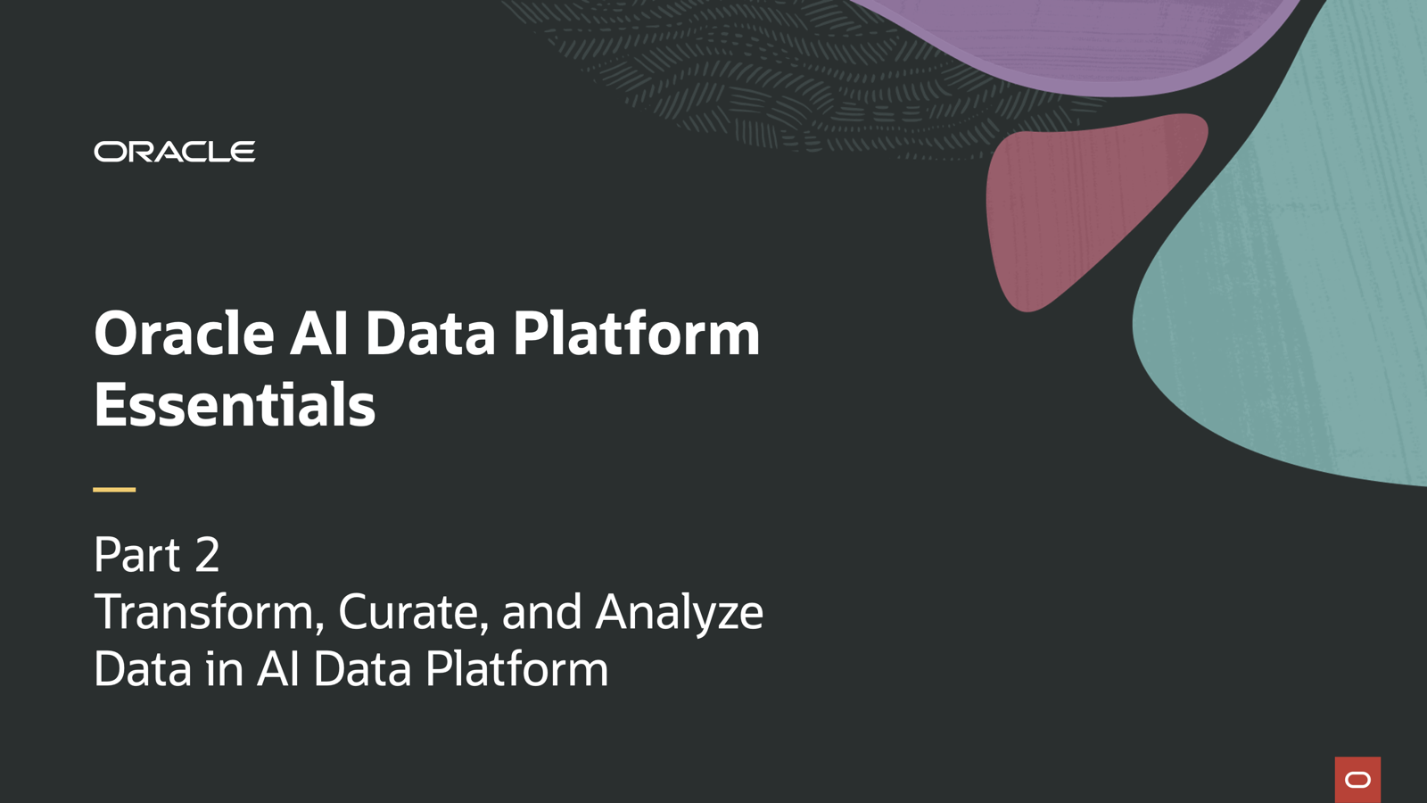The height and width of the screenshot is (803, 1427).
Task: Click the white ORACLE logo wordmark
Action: coord(175,152)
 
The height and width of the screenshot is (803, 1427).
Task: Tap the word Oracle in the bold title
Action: coord(184,334)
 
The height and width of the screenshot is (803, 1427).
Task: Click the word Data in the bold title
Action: coord(430,334)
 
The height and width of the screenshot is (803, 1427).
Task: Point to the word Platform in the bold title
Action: coord(636,334)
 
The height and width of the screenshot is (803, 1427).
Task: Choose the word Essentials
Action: coord(235,405)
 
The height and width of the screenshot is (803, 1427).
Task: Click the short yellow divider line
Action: coord(114,489)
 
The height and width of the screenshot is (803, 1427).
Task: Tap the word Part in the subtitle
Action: coord(137,555)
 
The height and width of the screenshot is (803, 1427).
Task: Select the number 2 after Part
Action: coord(207,555)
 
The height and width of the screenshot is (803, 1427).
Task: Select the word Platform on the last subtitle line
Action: coord(516,669)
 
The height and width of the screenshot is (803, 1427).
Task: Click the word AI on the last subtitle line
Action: coord(278,669)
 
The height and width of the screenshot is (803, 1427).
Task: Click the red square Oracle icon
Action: coord(1357,780)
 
